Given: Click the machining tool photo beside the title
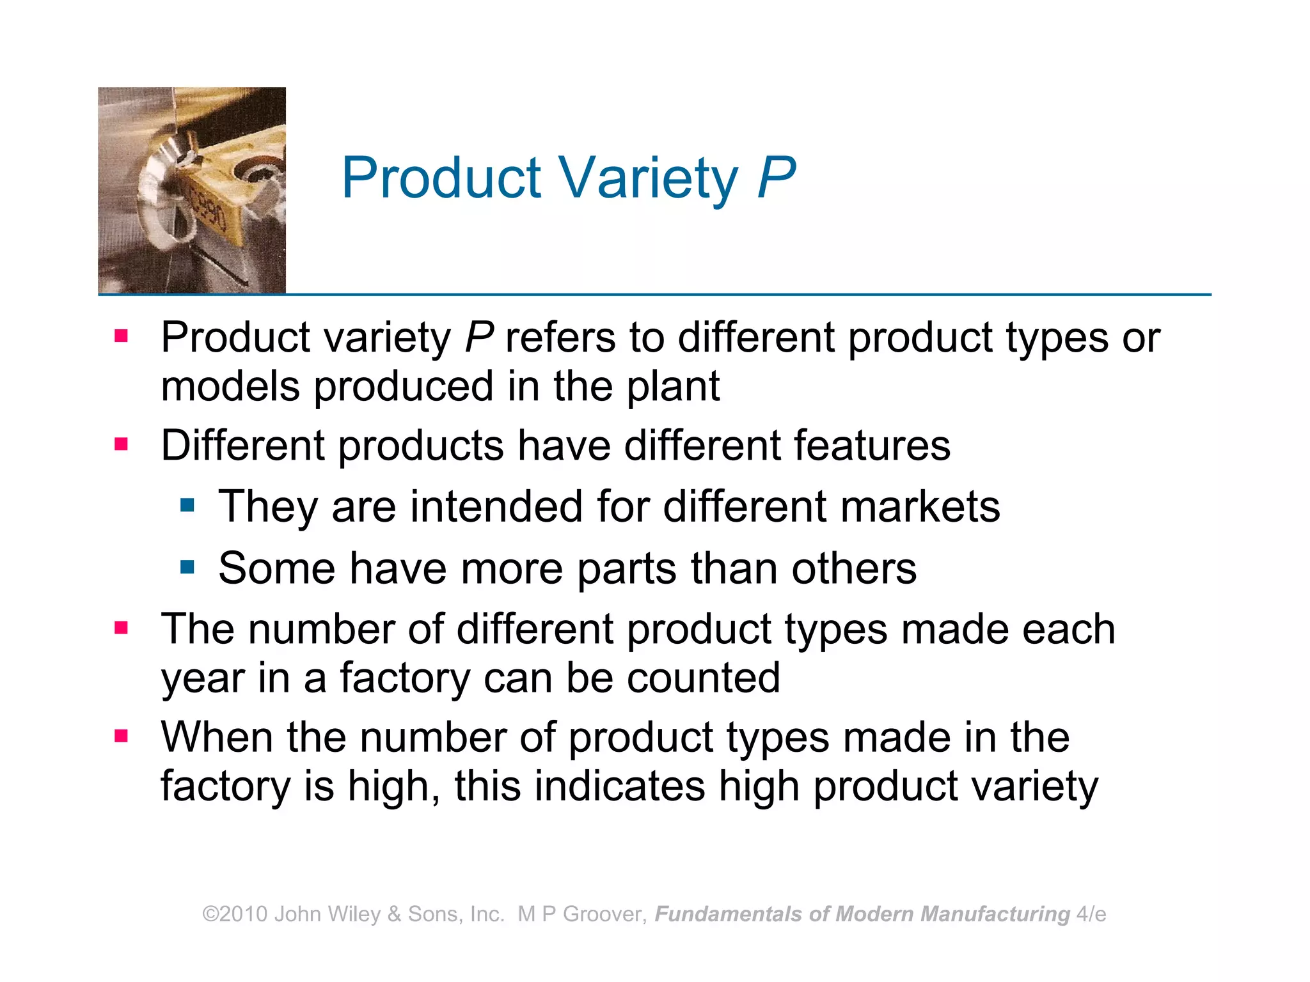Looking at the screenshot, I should point(192,191).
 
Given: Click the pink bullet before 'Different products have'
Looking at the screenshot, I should point(121,444).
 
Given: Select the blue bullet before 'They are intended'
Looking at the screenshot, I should point(187,506).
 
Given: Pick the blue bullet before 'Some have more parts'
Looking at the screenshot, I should point(187,567).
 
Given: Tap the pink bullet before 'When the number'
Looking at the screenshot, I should point(121,736).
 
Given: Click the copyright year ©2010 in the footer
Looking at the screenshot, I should point(235,914).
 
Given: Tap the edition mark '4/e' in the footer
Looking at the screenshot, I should point(1091,914).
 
